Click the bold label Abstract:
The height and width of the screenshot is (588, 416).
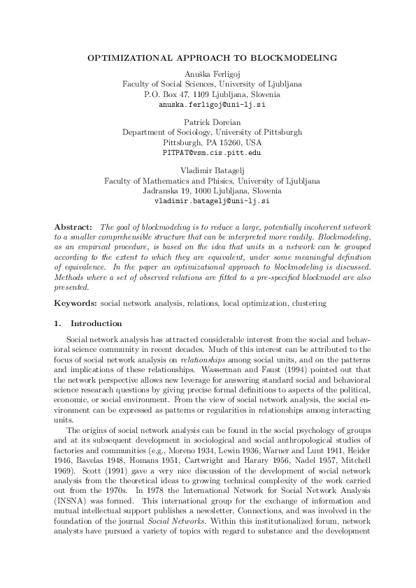(x=73, y=228)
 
